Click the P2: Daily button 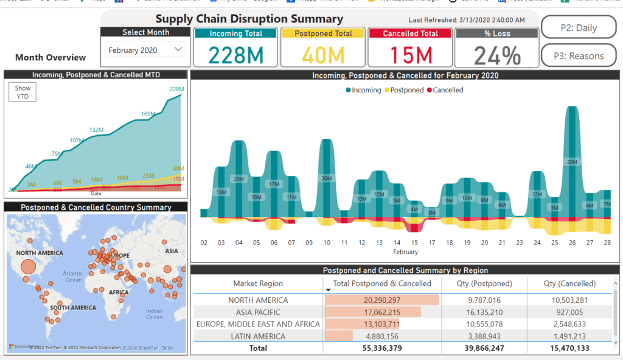pyautogui.click(x=578, y=28)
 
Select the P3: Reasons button pyautogui.click(x=578, y=56)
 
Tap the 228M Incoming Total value pyautogui.click(x=236, y=55)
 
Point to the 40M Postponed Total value pyautogui.click(x=323, y=55)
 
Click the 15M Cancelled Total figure pyautogui.click(x=411, y=55)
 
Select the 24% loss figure pyautogui.click(x=497, y=56)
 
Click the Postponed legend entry pyautogui.click(x=404, y=90)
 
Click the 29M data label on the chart pyautogui.click(x=571, y=162)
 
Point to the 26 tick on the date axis pyautogui.click(x=571, y=243)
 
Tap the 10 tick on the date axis pyautogui.click(x=327, y=243)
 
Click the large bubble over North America pyautogui.click(x=28, y=266)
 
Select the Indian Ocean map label pyautogui.click(x=155, y=314)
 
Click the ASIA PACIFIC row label pyautogui.click(x=258, y=312)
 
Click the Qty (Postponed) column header pyautogui.click(x=484, y=283)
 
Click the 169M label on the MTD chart pyautogui.click(x=148, y=114)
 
